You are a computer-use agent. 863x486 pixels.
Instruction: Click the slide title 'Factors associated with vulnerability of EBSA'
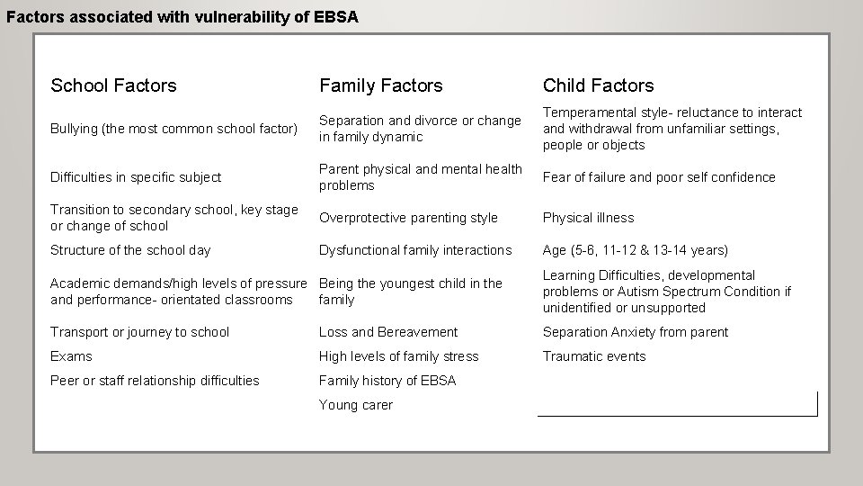(182, 16)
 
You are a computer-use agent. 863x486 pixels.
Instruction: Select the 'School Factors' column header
(113, 85)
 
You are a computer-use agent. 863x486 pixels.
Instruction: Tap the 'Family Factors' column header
(380, 85)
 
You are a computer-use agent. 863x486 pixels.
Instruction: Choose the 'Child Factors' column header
(598, 85)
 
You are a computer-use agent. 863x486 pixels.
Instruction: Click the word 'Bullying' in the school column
(76, 129)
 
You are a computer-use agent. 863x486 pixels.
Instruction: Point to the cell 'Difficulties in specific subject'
(136, 177)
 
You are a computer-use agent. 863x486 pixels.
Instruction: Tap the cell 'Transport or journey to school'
(139, 332)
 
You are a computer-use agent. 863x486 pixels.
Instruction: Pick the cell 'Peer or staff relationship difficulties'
(155, 381)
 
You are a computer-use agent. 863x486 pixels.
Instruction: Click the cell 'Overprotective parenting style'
(408, 218)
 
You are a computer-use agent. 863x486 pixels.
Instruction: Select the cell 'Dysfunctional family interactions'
(414, 250)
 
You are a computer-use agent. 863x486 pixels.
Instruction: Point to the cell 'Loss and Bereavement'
(388, 332)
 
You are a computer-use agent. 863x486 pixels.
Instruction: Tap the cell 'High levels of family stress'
(398, 356)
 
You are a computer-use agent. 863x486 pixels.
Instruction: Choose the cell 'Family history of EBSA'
(387, 381)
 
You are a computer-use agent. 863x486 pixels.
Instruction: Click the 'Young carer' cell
(356, 405)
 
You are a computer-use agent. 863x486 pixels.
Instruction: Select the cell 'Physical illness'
(588, 218)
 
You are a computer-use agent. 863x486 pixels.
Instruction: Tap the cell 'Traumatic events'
(593, 356)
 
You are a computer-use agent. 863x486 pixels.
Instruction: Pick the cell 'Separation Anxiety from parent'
(635, 332)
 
